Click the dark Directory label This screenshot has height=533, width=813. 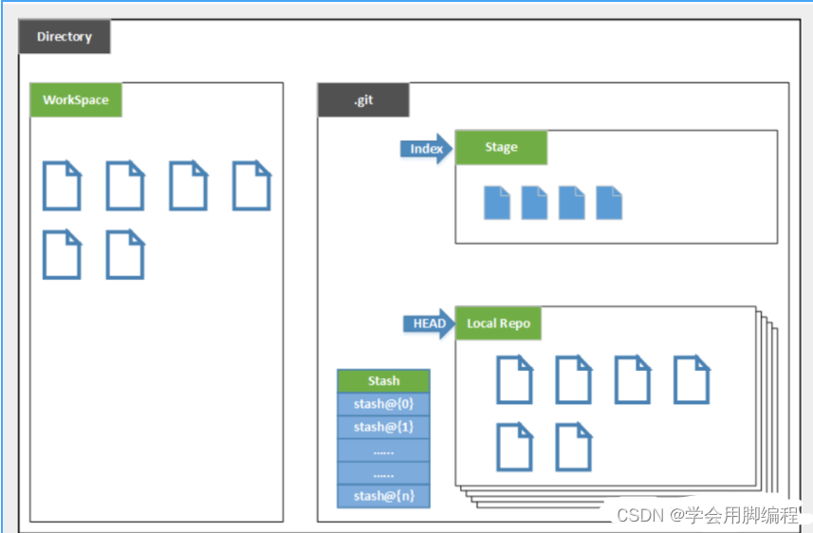point(65,37)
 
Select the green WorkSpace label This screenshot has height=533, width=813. point(76,100)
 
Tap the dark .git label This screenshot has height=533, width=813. point(363,100)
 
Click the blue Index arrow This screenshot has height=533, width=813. point(428,149)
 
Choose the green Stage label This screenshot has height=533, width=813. point(501,147)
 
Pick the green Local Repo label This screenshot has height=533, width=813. point(498,323)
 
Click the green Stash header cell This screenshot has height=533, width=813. point(383,380)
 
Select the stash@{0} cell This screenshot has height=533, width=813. point(383,403)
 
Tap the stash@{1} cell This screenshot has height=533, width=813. point(383,427)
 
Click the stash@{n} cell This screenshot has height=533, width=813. point(383,495)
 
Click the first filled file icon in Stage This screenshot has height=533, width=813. point(497,203)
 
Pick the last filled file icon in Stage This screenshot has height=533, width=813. point(609,203)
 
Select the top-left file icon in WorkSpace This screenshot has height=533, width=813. point(62,185)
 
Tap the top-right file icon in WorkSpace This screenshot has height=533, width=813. point(251,185)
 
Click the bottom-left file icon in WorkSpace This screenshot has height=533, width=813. point(62,254)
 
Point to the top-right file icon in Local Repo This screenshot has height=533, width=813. point(692,379)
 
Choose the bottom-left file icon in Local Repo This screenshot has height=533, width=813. point(514,448)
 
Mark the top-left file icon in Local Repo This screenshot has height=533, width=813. point(514,379)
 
